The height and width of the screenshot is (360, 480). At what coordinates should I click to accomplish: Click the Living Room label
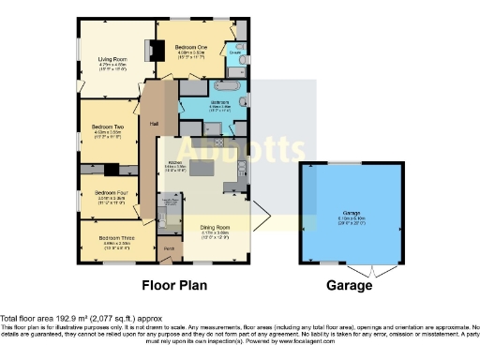coord(112,60)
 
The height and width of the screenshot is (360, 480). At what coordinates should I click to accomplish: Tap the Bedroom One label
coord(191,47)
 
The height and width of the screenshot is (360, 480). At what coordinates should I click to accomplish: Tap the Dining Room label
coord(217,228)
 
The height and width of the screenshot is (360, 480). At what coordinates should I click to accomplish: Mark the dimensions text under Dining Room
coord(217,234)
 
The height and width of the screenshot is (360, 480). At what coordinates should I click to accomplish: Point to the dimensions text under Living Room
coord(112,68)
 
